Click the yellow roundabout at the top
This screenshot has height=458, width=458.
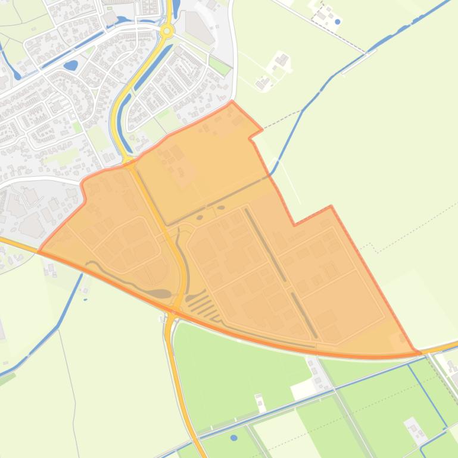167,30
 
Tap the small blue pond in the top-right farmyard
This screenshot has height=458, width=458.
338,22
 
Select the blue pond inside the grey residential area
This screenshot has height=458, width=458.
70,64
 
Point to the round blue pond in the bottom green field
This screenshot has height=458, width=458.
233,438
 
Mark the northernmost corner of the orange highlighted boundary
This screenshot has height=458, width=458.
232,102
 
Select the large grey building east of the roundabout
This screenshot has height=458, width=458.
199,27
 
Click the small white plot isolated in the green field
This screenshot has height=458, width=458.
261,403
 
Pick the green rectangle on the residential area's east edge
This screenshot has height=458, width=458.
220,65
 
